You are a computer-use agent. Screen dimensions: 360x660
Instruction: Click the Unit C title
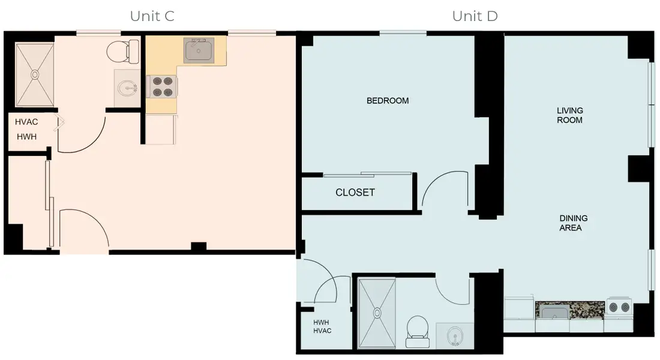[152, 16]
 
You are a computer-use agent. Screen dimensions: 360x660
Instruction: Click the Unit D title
[475, 16]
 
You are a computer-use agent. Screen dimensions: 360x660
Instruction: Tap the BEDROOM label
[388, 101]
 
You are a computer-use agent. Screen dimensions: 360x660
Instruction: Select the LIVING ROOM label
[569, 115]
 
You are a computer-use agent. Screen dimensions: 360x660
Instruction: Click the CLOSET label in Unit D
[355, 193]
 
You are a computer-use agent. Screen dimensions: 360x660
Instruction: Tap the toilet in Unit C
[118, 52]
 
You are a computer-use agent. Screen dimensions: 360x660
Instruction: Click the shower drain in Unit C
[35, 74]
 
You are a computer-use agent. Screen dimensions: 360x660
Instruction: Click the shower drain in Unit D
[377, 313]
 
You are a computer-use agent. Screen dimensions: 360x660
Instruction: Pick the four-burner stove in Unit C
[161, 86]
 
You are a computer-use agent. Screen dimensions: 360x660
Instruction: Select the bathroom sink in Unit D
[454, 336]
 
